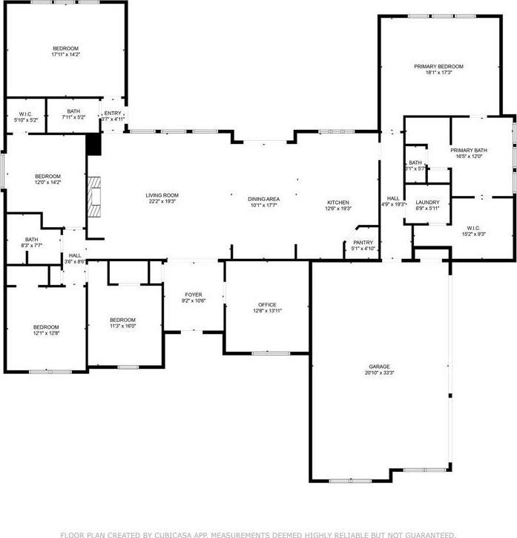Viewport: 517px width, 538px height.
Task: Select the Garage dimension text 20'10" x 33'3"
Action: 379,373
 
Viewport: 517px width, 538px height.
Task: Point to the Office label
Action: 267,305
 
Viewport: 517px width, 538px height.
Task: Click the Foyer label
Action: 192,295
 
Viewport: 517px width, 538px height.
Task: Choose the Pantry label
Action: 363,242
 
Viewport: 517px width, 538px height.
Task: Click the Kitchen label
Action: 338,203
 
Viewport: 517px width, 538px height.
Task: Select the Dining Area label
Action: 263,198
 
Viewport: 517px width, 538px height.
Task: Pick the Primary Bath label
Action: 467,151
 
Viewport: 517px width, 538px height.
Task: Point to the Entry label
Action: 113,113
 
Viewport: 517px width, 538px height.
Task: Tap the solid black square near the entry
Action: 93,144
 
